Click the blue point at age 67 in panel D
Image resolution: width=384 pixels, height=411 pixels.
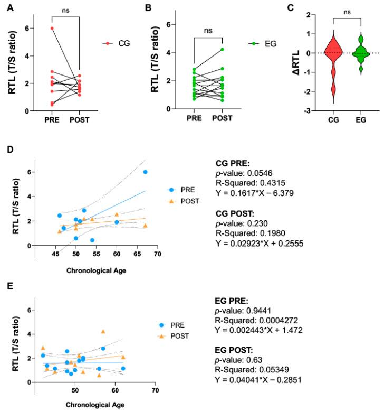(x=145, y=172)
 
